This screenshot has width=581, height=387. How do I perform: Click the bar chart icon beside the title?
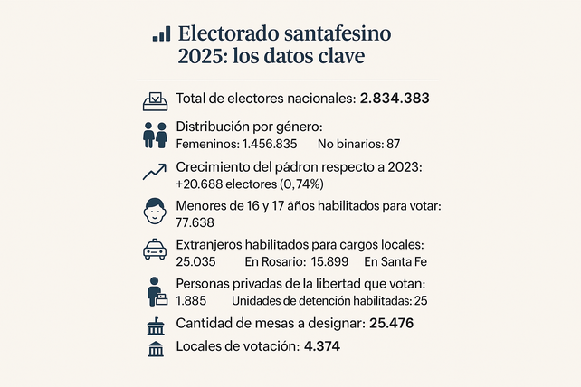point(161,33)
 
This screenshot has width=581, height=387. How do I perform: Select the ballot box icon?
point(156,99)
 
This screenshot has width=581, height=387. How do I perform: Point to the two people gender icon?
point(156,136)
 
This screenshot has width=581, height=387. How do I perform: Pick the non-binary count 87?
point(392,144)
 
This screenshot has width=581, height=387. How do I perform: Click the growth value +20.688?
point(203,184)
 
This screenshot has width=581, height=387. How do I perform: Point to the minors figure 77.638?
point(195,222)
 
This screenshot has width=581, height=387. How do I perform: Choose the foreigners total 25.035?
point(195,261)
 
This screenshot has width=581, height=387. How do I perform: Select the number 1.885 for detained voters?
point(191,300)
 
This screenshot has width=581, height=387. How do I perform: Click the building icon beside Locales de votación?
point(156,346)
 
